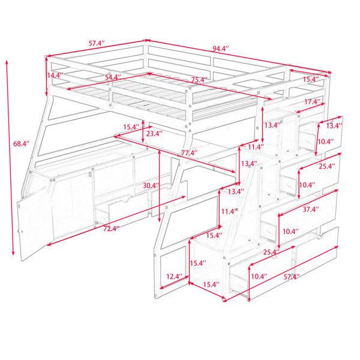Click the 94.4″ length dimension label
220,49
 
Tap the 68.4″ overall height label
22,144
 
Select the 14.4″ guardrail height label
55,76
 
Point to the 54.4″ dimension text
113,77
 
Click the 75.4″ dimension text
199,80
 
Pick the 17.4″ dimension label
312,101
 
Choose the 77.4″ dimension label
190,152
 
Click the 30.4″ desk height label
151,185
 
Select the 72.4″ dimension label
112,229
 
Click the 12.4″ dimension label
175,277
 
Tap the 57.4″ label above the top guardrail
97,43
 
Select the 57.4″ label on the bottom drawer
292,277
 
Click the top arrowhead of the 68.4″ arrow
7,62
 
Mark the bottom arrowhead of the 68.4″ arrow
13,253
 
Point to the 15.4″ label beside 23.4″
131,127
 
